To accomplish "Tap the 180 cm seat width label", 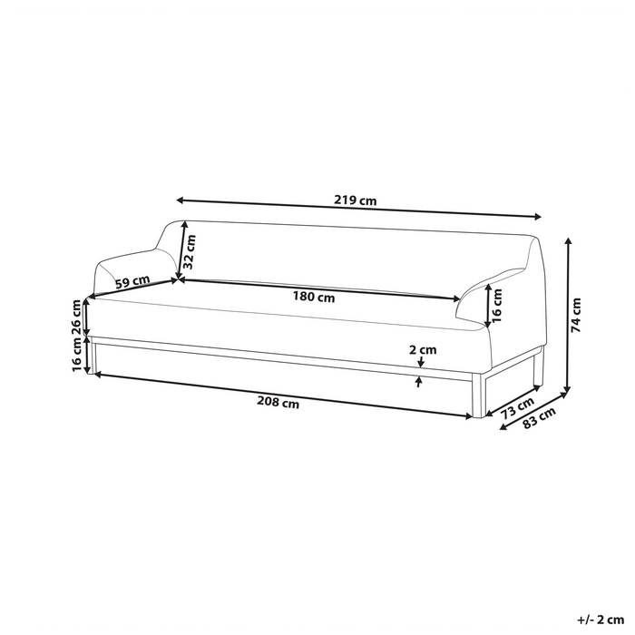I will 313,296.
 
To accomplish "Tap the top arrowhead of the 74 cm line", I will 568,240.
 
